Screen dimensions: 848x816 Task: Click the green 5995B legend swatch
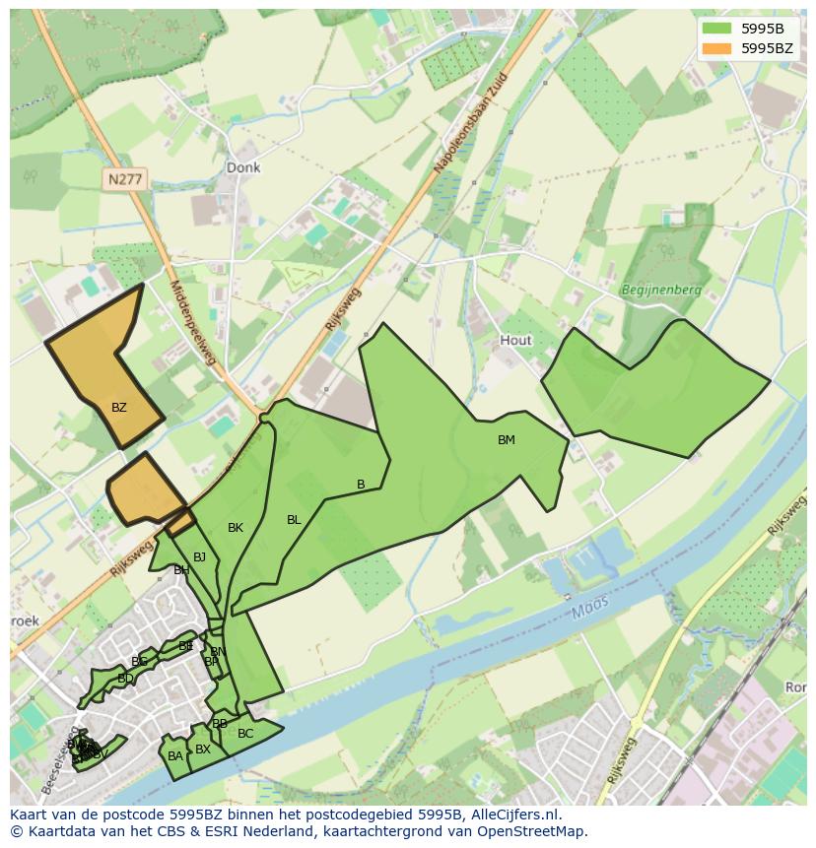click(x=716, y=28)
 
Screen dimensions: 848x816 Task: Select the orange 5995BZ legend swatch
click(x=716, y=47)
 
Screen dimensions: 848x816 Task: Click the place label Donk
click(x=243, y=167)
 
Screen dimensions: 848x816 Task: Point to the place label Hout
click(x=515, y=340)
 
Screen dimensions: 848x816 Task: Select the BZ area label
click(x=118, y=407)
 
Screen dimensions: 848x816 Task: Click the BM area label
click(x=506, y=440)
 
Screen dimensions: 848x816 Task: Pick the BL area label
click(x=294, y=520)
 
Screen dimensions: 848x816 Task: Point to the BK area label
click(x=235, y=528)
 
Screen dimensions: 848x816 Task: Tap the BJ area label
click(x=199, y=557)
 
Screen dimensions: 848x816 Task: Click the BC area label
click(x=245, y=734)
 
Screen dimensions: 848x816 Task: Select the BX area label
click(x=203, y=750)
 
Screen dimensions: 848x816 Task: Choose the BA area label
click(x=174, y=756)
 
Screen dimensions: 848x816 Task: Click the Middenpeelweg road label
click(x=192, y=321)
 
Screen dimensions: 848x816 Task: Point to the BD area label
click(x=125, y=679)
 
